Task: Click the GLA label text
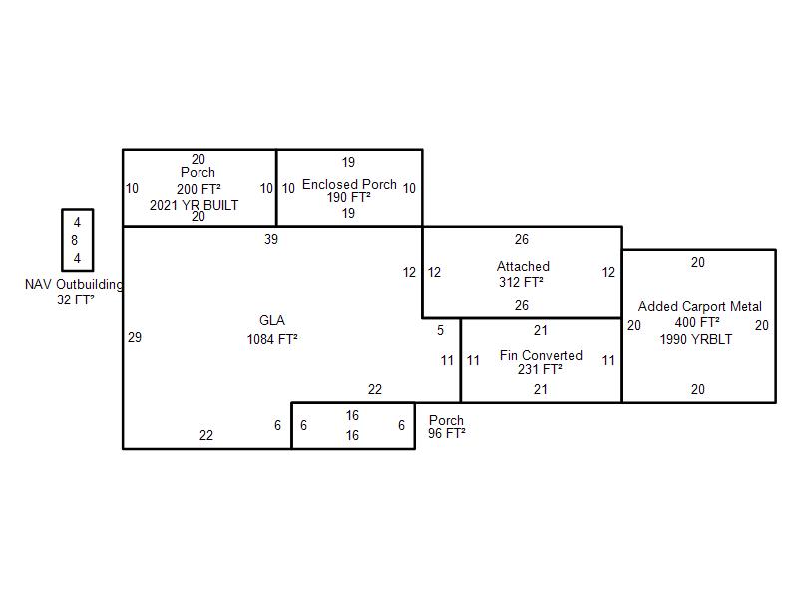(272, 320)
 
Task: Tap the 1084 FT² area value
(272, 339)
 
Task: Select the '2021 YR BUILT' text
(194, 205)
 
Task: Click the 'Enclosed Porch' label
(349, 184)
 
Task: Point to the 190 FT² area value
(348, 197)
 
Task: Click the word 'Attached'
(523, 266)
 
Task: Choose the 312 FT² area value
(521, 282)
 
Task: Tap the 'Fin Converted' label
(541, 355)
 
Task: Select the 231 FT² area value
(540, 369)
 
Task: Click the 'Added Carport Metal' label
(700, 306)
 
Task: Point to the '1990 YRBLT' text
(696, 339)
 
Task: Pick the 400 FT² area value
(697, 322)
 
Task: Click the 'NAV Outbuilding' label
(74, 285)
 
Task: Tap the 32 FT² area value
(76, 299)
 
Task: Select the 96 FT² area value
(446, 433)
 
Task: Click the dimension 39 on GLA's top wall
(271, 239)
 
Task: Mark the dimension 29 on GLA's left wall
(135, 337)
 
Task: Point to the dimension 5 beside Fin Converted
(440, 330)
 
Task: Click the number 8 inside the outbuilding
(75, 240)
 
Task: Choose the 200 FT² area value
(199, 189)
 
